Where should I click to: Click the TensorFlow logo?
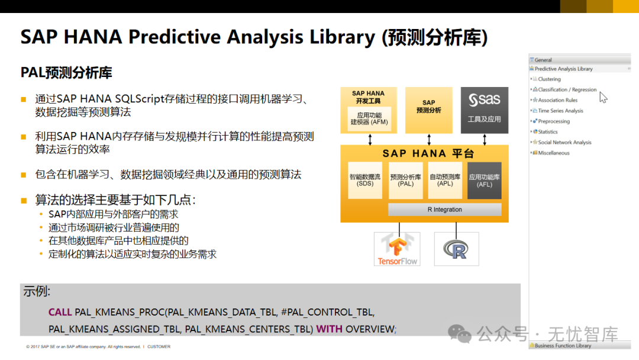click(x=398, y=249)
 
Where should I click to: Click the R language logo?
click(x=456, y=249)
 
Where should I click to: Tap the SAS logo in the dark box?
click(x=484, y=99)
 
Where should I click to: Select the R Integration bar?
click(x=444, y=210)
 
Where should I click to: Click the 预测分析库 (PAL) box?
click(x=405, y=180)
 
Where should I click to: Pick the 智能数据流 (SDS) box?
click(x=364, y=180)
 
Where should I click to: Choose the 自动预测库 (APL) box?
click(x=445, y=180)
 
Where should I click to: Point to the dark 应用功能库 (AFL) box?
click(x=484, y=180)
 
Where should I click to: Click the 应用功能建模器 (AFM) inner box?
click(x=369, y=118)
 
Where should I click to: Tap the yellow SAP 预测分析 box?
click(x=429, y=110)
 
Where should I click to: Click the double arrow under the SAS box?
click(x=485, y=140)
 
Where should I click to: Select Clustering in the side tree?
click(x=549, y=79)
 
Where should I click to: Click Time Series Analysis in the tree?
click(x=560, y=111)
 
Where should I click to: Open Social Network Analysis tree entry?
click(x=564, y=142)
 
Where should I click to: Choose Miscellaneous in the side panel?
click(x=553, y=153)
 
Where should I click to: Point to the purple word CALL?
click(x=60, y=312)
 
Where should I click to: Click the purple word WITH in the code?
click(x=330, y=329)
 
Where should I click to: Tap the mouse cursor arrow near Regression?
click(x=603, y=98)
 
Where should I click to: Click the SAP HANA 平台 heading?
click(x=428, y=154)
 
